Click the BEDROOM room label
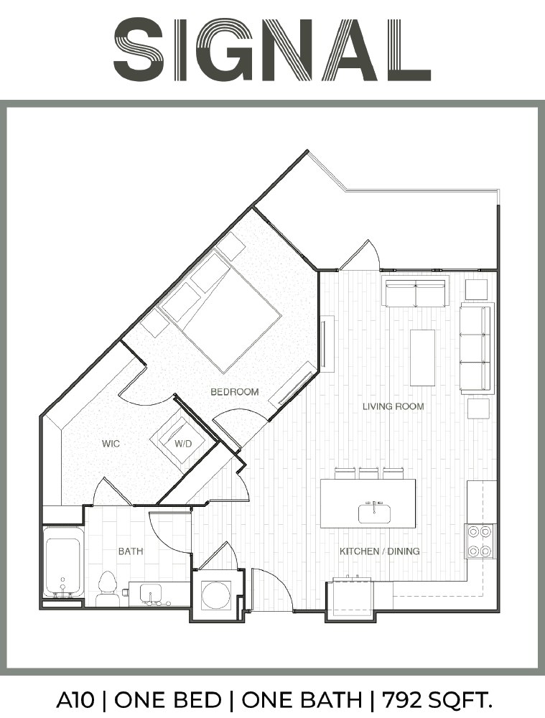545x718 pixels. (235, 391)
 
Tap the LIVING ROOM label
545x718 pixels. (393, 406)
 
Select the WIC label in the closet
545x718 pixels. (111, 443)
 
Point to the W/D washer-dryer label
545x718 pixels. (182, 443)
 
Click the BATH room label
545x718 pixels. (131, 551)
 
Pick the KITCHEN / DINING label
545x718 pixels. (380, 551)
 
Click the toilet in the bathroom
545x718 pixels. (108, 589)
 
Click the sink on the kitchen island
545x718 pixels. (374, 513)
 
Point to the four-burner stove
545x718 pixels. (480, 541)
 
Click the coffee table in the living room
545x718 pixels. (422, 358)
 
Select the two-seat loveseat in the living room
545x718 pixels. (415, 292)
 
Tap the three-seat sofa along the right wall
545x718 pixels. (477, 348)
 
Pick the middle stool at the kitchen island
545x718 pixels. (368, 473)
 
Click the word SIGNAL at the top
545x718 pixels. (272, 50)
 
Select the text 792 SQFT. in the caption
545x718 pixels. (437, 700)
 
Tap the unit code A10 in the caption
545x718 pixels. (75, 700)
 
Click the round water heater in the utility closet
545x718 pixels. (215, 595)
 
